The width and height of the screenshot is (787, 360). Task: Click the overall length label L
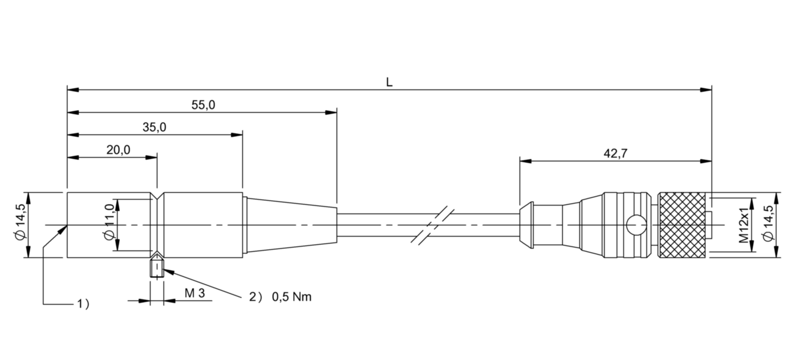[x=389, y=82]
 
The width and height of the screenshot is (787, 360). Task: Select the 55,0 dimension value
[x=203, y=104]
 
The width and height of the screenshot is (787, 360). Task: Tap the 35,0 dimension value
[x=154, y=127]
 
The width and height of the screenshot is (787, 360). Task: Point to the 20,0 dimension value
[x=119, y=150]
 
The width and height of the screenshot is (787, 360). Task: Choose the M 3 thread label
[x=194, y=293]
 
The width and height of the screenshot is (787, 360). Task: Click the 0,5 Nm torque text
[x=292, y=297]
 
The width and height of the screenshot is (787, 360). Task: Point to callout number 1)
[x=83, y=304]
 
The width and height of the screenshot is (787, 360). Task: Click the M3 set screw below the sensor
[x=157, y=268]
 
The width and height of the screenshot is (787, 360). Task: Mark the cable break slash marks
[x=433, y=225]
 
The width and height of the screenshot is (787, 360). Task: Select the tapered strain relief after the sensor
[x=291, y=225]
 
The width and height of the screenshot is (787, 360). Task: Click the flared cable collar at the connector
[x=526, y=225]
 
